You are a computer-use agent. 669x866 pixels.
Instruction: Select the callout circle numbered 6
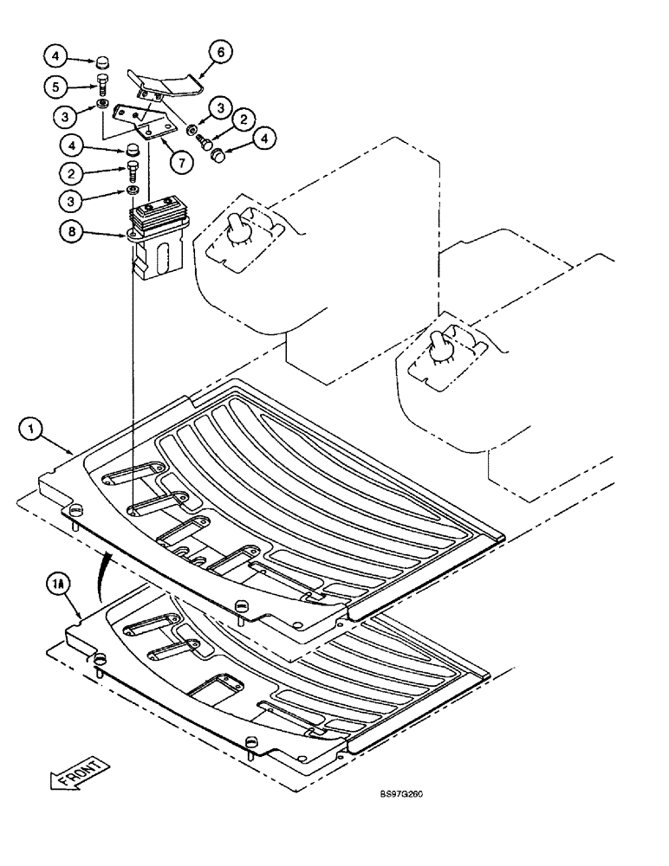tap(220, 53)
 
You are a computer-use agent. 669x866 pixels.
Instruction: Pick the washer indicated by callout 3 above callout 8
tap(132, 190)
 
